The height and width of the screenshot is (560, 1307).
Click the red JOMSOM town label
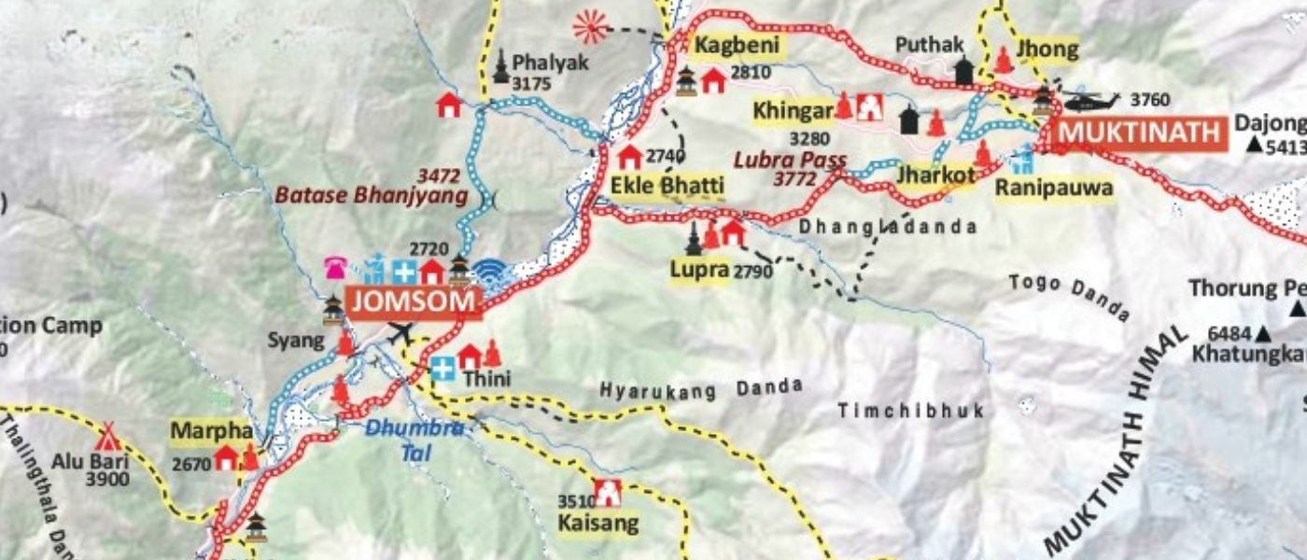(414, 301)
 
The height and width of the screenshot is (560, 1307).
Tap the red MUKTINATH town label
(1138, 133)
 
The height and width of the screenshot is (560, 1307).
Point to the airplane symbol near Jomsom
(401, 332)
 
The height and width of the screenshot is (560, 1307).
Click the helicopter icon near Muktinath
(1090, 100)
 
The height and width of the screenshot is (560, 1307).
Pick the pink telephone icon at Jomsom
(336, 269)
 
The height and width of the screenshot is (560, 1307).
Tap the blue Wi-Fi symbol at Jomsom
(488, 272)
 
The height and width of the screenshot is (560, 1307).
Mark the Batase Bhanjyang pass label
(370, 196)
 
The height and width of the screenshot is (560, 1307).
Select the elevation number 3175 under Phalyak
(531, 84)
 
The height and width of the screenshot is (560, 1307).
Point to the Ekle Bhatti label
(667, 185)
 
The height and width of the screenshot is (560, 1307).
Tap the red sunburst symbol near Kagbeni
(590, 26)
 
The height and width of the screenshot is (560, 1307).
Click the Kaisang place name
(598, 522)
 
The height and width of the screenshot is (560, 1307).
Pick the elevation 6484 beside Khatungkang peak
(1230, 334)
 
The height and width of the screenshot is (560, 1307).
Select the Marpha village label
(211, 432)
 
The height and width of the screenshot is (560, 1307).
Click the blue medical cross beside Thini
(443, 370)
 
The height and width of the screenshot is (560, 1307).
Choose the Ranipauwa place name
(1053, 189)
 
